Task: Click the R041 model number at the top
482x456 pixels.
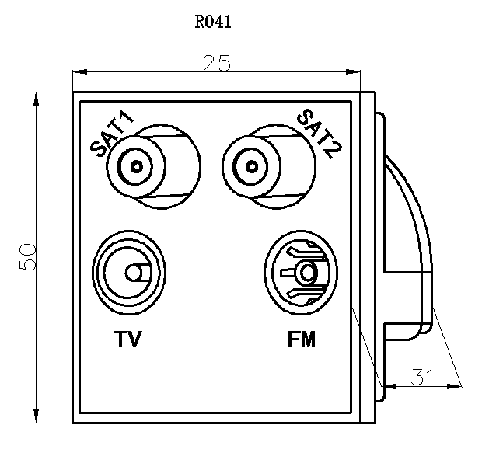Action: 213,21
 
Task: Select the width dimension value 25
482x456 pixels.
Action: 216,64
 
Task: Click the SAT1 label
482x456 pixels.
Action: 113,135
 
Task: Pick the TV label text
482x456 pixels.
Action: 128,339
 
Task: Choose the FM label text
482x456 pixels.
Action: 302,339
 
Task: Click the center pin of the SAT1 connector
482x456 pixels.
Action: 138,165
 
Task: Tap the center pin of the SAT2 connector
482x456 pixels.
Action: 252,165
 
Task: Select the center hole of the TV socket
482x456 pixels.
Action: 134,273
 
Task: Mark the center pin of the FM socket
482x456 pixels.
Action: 307,273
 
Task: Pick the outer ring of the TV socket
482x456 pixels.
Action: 101,273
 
